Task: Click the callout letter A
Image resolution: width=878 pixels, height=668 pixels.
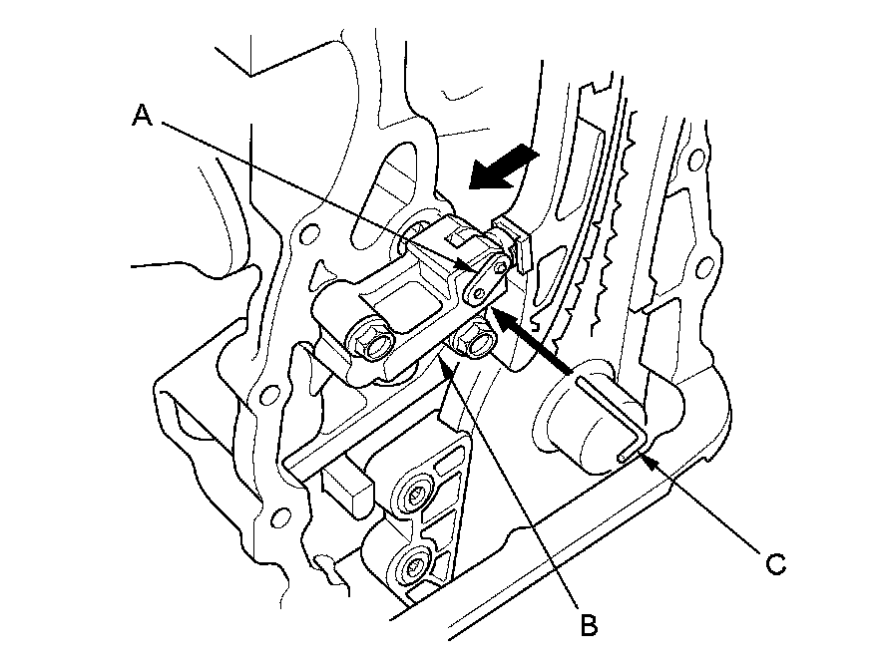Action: [x=143, y=117]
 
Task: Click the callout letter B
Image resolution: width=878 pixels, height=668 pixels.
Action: [x=589, y=625]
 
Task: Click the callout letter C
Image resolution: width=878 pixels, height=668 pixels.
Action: [x=776, y=564]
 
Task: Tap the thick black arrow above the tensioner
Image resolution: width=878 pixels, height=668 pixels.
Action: [x=503, y=168]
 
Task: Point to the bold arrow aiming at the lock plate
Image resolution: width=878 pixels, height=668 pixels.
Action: [x=534, y=344]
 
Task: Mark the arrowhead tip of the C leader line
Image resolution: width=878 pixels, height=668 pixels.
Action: [x=645, y=458]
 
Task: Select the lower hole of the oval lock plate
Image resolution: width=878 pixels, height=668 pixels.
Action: [x=479, y=290]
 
